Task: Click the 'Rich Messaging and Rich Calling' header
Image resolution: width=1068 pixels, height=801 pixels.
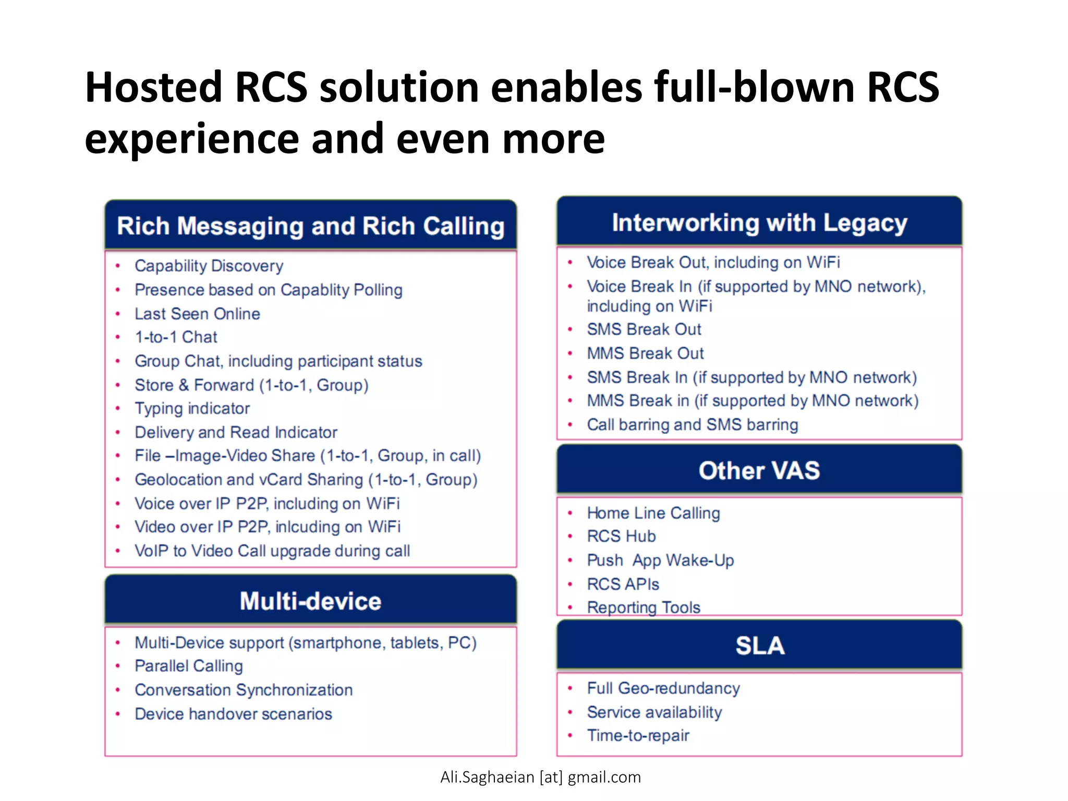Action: click(310, 226)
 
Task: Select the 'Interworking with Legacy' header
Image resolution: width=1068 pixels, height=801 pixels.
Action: click(759, 223)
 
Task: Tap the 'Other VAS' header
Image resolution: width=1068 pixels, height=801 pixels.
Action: click(759, 470)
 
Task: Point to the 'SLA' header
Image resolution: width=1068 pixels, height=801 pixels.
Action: click(759, 646)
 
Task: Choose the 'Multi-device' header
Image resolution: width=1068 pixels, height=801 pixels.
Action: click(310, 601)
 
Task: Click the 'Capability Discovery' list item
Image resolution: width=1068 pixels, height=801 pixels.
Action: click(209, 266)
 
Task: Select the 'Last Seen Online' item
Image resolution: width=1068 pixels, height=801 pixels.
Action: click(197, 314)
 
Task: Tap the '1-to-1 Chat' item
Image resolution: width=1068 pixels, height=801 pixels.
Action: click(176, 337)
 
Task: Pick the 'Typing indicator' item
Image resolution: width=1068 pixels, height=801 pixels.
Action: click(192, 408)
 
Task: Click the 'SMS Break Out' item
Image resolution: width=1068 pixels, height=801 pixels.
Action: click(644, 330)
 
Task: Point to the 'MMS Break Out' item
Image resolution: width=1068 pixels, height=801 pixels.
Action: click(645, 354)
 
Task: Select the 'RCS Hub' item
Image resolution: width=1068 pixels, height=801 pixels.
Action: click(621, 536)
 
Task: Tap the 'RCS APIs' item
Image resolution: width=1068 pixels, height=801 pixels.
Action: click(623, 584)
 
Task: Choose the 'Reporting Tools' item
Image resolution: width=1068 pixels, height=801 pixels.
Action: click(643, 608)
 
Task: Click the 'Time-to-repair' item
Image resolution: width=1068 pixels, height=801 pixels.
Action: click(638, 736)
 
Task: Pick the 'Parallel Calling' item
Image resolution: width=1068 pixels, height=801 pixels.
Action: click(189, 666)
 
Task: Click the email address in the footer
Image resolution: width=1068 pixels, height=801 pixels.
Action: click(540, 778)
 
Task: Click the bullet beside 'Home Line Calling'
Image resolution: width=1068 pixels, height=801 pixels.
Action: click(571, 513)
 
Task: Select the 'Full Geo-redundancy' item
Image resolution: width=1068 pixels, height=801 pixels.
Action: click(663, 688)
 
